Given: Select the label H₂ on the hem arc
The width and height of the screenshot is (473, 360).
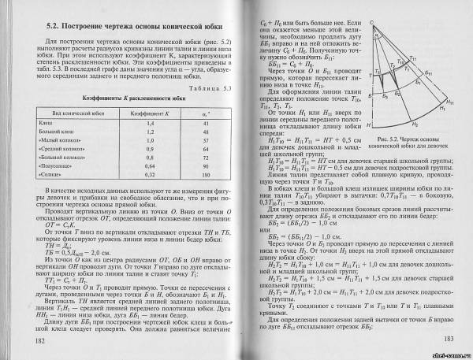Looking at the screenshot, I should tap(415, 124).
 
